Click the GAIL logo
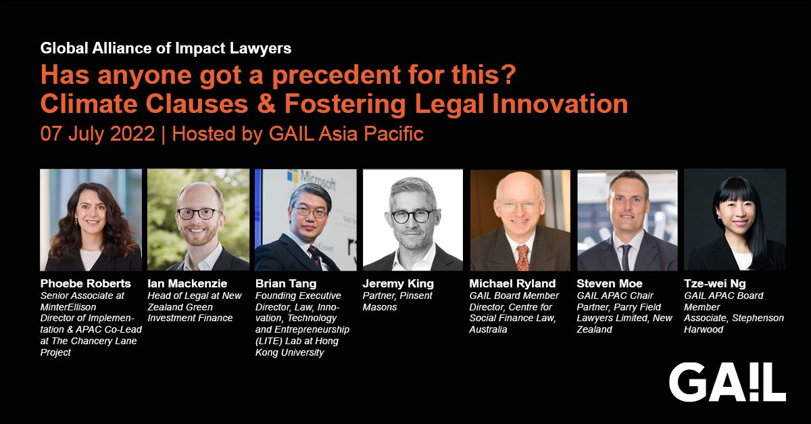[x=727, y=382]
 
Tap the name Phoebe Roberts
[x=85, y=284]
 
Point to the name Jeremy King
[x=397, y=284]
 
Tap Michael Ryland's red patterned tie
[x=522, y=256]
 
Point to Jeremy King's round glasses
[x=412, y=216]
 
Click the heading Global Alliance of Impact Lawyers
[x=166, y=49]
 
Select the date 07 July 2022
[x=97, y=133]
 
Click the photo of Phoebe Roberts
[x=91, y=220]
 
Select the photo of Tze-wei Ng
[x=735, y=220]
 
